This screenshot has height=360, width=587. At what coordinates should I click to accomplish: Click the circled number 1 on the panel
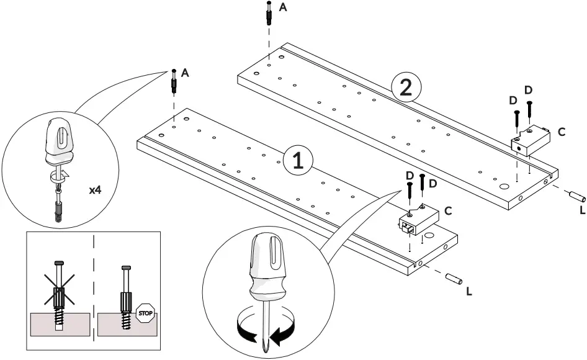pyautogui.click(x=298, y=161)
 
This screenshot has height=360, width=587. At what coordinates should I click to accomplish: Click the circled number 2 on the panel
pyautogui.click(x=405, y=88)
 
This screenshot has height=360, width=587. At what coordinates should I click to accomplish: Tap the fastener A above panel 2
pyautogui.click(x=268, y=14)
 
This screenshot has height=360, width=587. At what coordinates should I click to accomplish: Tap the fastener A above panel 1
pyautogui.click(x=174, y=81)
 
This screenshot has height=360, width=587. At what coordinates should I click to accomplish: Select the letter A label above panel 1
pyautogui.click(x=186, y=73)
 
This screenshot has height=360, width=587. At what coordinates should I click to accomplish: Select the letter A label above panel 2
pyautogui.click(x=284, y=7)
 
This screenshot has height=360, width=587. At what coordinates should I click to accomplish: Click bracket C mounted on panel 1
pyautogui.click(x=417, y=218)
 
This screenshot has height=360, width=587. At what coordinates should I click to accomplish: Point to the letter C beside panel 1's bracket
pyautogui.click(x=448, y=211)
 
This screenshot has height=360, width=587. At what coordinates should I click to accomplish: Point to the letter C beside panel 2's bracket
pyautogui.click(x=561, y=132)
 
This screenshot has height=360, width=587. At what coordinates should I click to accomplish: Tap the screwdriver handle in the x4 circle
pyautogui.click(x=58, y=137)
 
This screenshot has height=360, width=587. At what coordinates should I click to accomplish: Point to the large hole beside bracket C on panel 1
pyautogui.click(x=429, y=236)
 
